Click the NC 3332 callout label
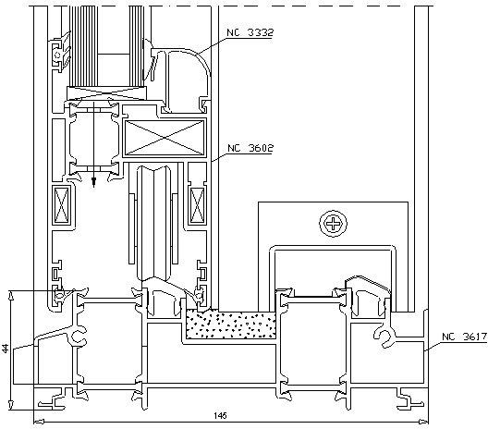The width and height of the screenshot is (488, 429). coord(250,32)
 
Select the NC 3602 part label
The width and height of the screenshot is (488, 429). coord(250,148)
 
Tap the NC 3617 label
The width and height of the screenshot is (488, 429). coord(464,337)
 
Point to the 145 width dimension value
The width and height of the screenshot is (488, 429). coord(220,415)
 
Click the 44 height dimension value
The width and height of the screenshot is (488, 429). coord(6,349)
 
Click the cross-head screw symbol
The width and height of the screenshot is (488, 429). coord(334,224)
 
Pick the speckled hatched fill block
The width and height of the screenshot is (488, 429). coord(231,324)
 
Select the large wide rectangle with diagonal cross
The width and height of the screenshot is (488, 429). coord(165,138)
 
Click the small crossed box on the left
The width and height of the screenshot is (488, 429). coord(61,205)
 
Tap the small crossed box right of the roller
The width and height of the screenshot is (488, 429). coord(197,205)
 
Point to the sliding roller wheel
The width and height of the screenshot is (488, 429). coord(154,224)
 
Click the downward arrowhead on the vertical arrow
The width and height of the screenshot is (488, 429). coord(93,183)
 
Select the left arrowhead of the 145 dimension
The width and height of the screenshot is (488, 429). coord(39,422)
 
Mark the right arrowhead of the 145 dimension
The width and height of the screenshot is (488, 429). coord(423,422)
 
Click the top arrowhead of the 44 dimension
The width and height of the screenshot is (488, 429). coord(11,296)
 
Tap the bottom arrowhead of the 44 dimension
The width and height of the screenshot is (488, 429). coord(11,404)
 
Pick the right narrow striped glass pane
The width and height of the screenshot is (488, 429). coord(136,46)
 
